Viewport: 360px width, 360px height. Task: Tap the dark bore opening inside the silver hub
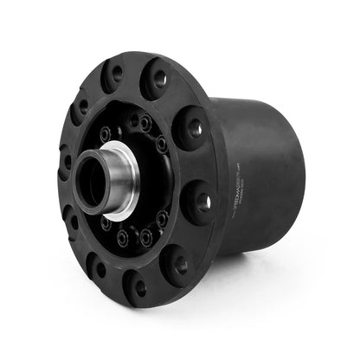pos(90,177)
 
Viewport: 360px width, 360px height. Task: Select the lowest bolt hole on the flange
pos(138,287)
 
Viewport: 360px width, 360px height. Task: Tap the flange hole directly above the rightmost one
pos(193,129)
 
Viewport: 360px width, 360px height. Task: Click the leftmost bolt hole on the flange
pos(66,161)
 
